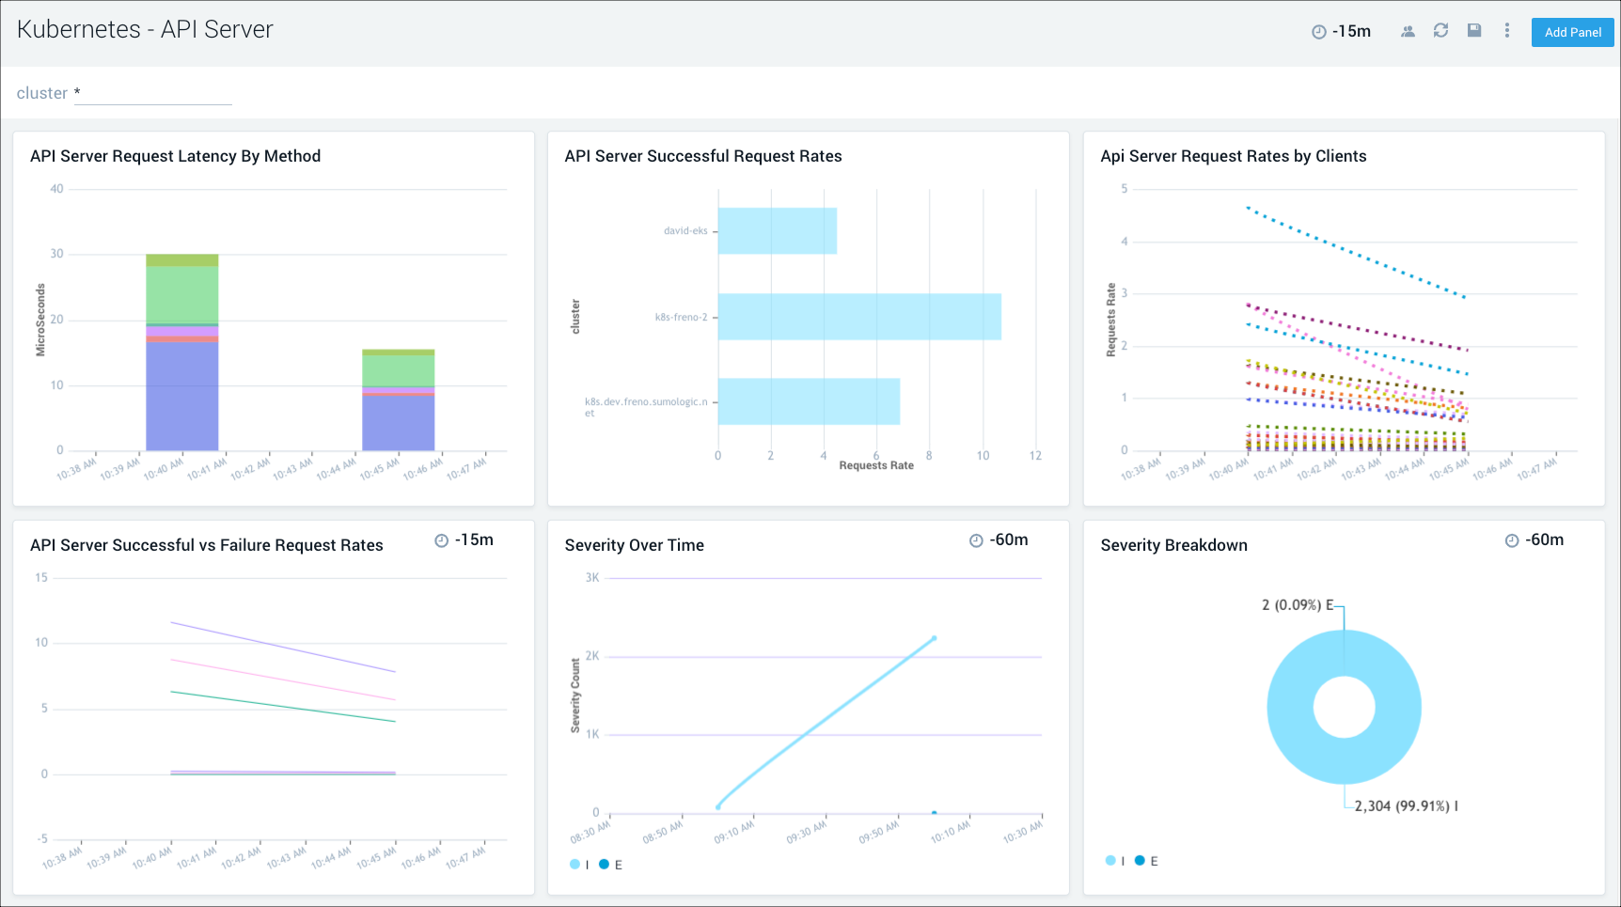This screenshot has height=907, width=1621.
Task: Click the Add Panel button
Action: pyautogui.click(x=1572, y=32)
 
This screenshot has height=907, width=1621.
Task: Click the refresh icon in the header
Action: pyautogui.click(x=1440, y=31)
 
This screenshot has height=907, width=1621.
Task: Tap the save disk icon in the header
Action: pyautogui.click(x=1474, y=31)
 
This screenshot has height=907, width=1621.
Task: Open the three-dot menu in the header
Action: pyautogui.click(x=1506, y=31)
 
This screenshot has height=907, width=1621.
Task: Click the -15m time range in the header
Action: pyautogui.click(x=1342, y=32)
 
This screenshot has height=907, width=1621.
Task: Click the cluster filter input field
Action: pyautogui.click(x=152, y=94)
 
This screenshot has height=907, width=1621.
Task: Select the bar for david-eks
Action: pyautogui.click(x=777, y=231)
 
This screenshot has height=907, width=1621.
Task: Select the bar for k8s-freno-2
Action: pyautogui.click(x=858, y=317)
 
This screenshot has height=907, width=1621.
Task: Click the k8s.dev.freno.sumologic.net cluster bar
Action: pyautogui.click(x=808, y=402)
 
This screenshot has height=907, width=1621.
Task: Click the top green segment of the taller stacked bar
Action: pyautogui.click(x=182, y=260)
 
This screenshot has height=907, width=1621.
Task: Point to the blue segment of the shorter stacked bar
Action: pyautogui.click(x=399, y=423)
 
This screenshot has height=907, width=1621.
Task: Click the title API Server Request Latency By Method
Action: pyautogui.click(x=175, y=156)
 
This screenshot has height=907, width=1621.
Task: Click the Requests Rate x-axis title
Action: pyautogui.click(x=875, y=465)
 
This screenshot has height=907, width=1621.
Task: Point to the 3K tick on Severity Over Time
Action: pyautogui.click(x=591, y=578)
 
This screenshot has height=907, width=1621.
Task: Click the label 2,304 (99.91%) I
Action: pyautogui.click(x=1406, y=805)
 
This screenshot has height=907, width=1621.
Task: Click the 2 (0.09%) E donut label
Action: pyautogui.click(x=1297, y=605)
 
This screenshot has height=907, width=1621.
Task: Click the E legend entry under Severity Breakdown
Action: pyautogui.click(x=1146, y=861)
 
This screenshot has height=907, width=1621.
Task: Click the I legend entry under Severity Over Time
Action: pyautogui.click(x=579, y=865)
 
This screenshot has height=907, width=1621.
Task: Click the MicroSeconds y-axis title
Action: pyautogui.click(x=40, y=320)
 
